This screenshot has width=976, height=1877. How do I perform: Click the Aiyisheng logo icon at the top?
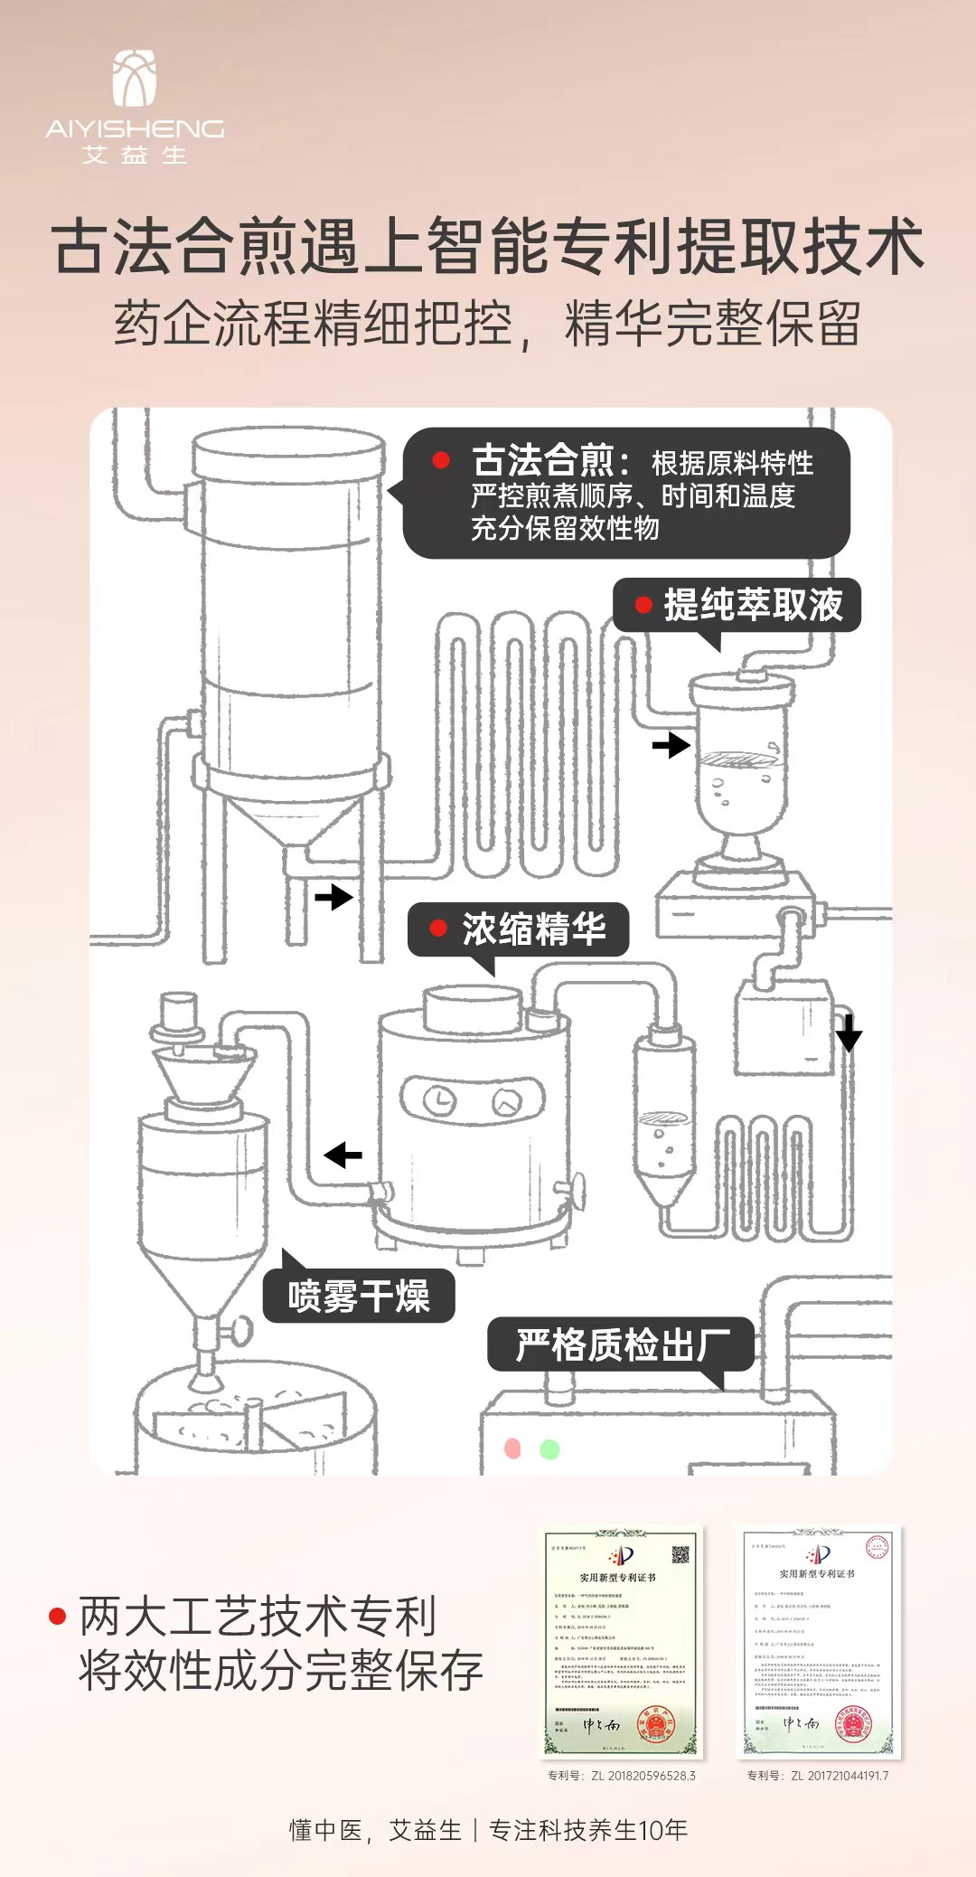click(x=135, y=79)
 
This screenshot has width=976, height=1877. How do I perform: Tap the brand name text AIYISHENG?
click(x=135, y=129)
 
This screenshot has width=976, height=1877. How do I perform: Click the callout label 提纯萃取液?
click(x=753, y=605)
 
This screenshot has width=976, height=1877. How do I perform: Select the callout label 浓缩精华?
click(x=533, y=929)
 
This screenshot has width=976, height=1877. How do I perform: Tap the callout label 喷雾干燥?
click(x=359, y=1297)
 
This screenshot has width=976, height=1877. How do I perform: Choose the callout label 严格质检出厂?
click(x=622, y=1345)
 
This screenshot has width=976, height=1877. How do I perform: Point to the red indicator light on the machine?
click(x=512, y=1448)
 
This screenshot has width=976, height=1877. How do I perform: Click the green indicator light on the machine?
click(x=549, y=1449)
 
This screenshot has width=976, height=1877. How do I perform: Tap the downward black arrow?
click(x=848, y=1033)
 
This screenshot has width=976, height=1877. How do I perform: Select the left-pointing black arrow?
click(x=343, y=1155)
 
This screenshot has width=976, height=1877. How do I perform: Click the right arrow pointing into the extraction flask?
click(x=671, y=745)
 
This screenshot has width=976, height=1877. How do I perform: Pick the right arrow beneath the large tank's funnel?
click(x=333, y=897)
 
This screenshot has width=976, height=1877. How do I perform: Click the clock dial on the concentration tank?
click(x=440, y=1100)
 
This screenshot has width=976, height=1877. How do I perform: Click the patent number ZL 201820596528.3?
click(x=622, y=1776)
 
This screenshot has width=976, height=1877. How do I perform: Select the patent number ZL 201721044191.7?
click(x=818, y=1776)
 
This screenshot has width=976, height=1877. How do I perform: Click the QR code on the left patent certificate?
click(x=680, y=1554)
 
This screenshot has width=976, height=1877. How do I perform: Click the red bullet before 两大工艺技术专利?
click(x=58, y=1617)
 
